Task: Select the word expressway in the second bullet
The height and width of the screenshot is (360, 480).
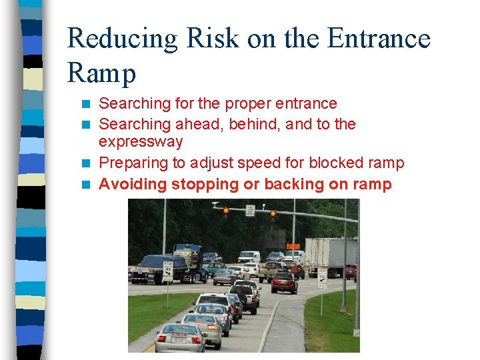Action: click(141, 142)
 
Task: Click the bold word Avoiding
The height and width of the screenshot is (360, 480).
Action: click(133, 185)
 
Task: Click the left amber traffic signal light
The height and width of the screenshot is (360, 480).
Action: click(226, 212)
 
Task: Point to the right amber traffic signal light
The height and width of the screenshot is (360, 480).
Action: click(273, 214)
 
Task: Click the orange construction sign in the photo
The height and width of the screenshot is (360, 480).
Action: click(293, 246)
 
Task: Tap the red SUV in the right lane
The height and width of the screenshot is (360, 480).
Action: click(284, 282)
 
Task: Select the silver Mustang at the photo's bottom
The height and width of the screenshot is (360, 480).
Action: click(181, 338)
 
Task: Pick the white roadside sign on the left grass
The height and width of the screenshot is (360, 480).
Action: click(168, 270)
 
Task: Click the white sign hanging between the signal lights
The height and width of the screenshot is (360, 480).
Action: click(250, 210)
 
